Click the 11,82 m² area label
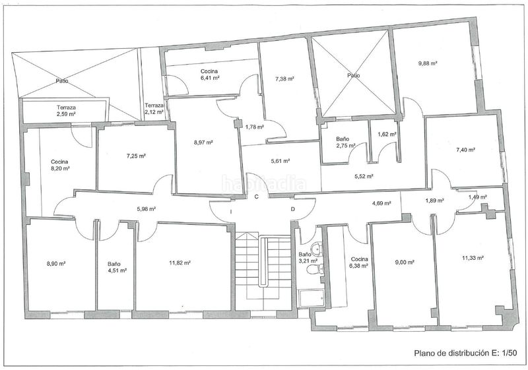point(180,263)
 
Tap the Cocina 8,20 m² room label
point(59,165)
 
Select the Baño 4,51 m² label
point(117,267)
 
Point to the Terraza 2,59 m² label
point(66,111)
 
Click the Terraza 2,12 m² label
point(154,109)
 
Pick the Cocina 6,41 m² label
point(209,75)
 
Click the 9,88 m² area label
point(428,63)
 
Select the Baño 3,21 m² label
point(308,257)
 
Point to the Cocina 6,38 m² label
point(359,262)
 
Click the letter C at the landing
point(256,197)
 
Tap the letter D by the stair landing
point(293,209)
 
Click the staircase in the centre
point(263,271)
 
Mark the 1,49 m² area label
point(477,197)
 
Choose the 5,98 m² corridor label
point(146,209)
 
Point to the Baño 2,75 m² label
point(345,142)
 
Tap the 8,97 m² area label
point(203,142)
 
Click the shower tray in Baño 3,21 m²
point(312,298)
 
